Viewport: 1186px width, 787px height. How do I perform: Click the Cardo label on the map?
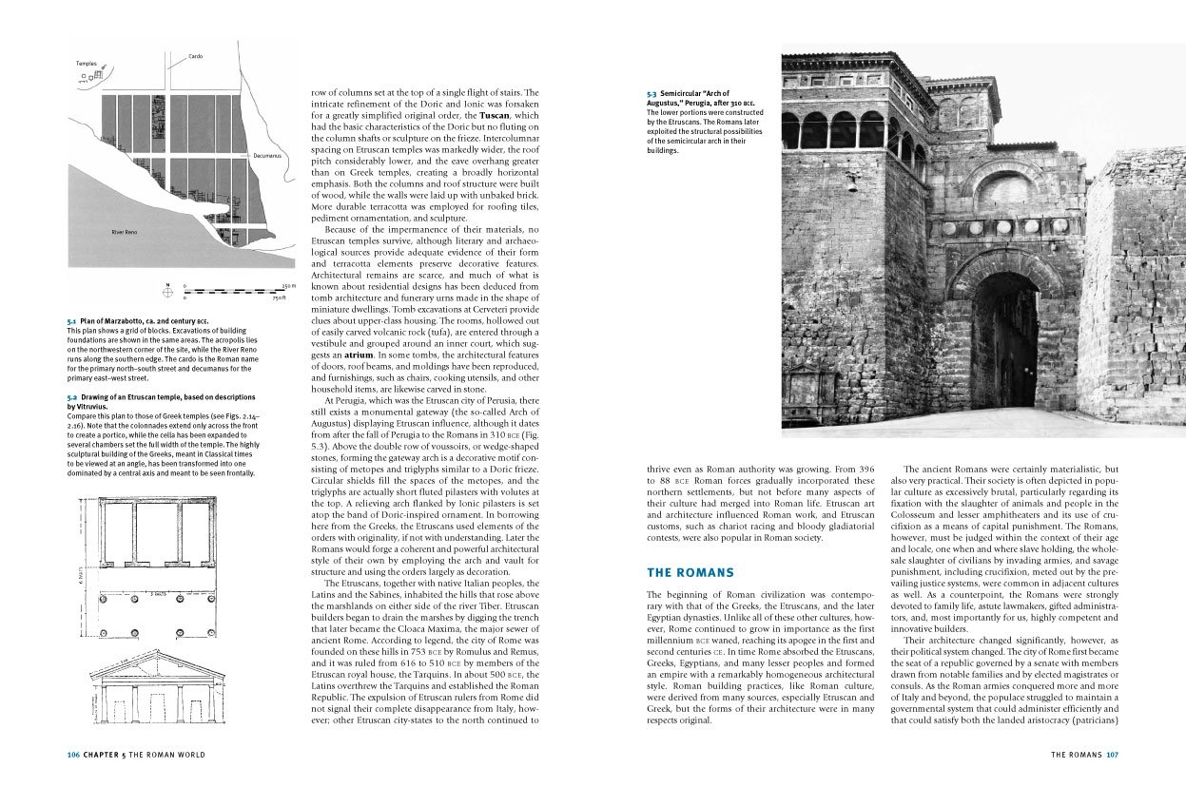(x=196, y=56)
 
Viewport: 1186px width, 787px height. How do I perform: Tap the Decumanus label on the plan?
(x=266, y=155)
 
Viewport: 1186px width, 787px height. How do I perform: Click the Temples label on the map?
(x=86, y=64)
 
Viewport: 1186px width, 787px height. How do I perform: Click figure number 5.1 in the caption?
(x=71, y=322)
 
